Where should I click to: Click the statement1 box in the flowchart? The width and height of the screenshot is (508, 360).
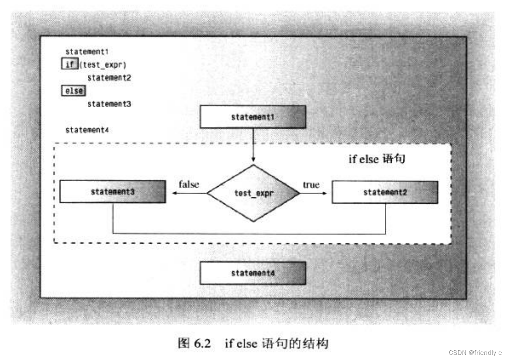pos(252,117)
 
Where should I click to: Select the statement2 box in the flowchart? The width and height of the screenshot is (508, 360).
pos(385,193)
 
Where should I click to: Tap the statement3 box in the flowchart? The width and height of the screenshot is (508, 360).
pos(112,192)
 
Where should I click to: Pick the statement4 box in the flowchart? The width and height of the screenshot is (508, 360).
pos(252,273)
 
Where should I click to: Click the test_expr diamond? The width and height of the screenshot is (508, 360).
pos(253,193)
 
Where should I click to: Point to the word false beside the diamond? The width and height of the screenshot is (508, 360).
pos(189,184)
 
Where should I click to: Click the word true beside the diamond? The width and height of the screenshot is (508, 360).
pos(311,185)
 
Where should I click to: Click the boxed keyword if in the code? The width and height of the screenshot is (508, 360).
pos(70,65)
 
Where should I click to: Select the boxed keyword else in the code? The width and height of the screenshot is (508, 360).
pos(74,90)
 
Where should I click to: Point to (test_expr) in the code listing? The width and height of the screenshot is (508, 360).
pos(103,65)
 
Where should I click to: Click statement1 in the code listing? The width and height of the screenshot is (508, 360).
pos(87,52)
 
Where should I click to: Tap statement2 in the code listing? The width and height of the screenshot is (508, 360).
pos(109,78)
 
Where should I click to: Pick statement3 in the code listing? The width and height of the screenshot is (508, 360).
pos(109,104)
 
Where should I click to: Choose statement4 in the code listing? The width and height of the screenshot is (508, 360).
pos(87,130)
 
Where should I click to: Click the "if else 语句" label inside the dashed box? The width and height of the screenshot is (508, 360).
pos(377,159)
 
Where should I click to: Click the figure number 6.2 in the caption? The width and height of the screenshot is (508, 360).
pos(202,344)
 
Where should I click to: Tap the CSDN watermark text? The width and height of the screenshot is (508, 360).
pos(475,352)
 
